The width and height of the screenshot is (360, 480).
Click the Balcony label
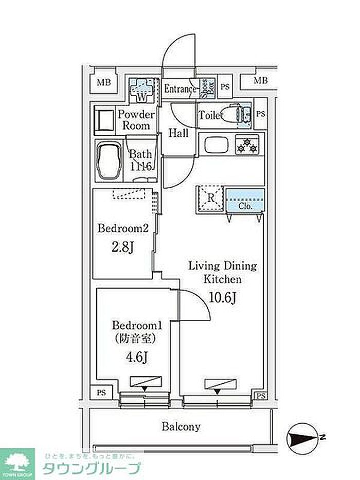tap(181, 426)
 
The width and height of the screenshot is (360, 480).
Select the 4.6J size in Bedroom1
tap(133, 356)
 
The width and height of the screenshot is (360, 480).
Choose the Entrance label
tap(180, 90)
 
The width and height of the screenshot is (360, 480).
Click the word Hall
tap(178, 133)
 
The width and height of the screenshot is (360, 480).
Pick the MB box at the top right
tap(261, 80)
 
